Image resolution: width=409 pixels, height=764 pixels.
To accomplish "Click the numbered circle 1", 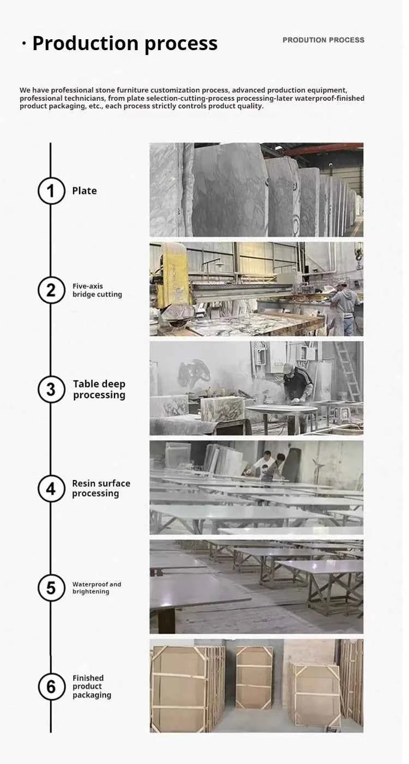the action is pos(51,191).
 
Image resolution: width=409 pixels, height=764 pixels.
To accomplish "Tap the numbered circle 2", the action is pos(51,290).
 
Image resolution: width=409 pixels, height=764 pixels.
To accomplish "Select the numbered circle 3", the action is pos(51,389).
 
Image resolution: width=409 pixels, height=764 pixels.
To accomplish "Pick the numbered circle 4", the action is pos(51,488).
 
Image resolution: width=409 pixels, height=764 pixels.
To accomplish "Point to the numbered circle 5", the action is pos(51,587).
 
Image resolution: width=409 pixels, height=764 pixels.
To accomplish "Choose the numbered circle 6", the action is pos(51,687).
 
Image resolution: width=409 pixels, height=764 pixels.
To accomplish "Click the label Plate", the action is pos(85,191).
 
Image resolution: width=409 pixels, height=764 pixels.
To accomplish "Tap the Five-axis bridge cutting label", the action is pos(97,290).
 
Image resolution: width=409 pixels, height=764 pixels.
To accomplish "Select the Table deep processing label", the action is pos(99,389).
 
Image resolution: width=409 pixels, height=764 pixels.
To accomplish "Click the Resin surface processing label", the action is pos(101,488).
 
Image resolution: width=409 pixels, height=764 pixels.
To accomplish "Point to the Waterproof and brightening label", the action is pos(97,587).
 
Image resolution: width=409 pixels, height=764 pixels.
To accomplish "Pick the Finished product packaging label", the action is pos(92,687).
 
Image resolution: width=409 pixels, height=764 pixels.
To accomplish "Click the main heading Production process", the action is pos(125,43).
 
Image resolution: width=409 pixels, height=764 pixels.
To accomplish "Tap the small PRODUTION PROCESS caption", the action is pos(323,40).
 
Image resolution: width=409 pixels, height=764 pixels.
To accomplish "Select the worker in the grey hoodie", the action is pos(345,308).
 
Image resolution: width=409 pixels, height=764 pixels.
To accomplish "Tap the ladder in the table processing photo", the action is pos(347,372).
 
